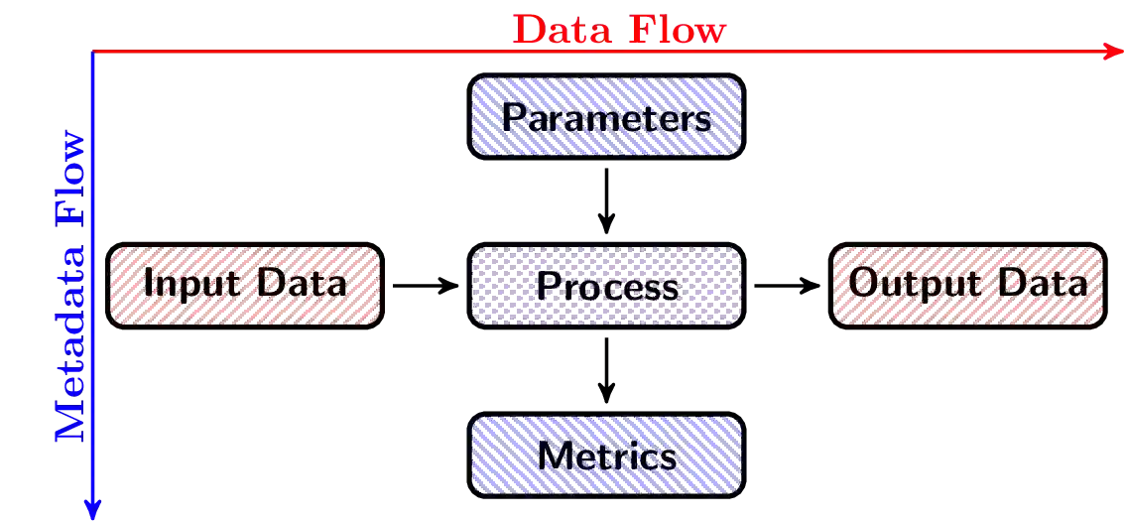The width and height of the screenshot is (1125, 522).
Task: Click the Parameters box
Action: point(605,117)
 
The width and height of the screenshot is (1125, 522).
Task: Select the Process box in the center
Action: point(605,286)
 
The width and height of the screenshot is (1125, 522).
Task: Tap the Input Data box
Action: point(244,284)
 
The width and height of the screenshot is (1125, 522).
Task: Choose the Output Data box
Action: point(967,284)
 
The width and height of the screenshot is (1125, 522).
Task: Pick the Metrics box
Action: point(605,457)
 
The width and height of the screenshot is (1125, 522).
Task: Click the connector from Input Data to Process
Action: point(423,286)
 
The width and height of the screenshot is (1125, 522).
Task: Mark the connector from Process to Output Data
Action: point(787,286)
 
